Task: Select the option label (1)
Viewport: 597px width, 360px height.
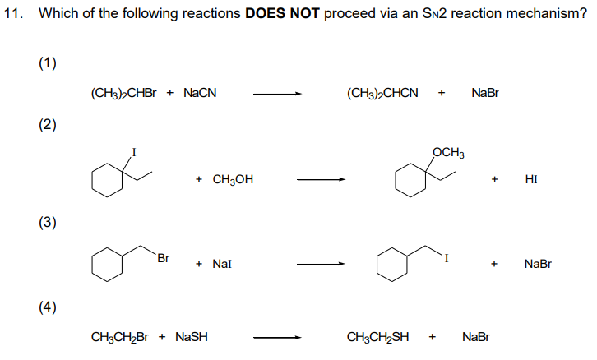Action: (47, 65)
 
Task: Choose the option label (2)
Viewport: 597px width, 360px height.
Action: (47, 125)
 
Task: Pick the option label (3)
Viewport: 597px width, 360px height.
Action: (47, 223)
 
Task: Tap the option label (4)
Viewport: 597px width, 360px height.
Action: (47, 307)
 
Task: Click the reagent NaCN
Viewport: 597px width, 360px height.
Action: (200, 93)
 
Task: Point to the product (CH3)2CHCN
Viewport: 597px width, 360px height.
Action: (382, 93)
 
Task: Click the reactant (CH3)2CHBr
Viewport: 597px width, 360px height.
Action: (124, 93)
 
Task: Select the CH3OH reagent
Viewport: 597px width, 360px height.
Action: (233, 178)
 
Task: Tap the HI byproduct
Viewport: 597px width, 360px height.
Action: (530, 178)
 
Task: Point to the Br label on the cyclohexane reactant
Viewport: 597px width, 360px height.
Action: (163, 257)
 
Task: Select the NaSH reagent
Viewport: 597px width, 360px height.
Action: (190, 337)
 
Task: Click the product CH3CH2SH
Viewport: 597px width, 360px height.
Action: (378, 337)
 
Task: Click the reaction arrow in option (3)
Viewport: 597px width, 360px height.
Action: (321, 264)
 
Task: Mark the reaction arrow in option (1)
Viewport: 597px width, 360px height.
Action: (277, 93)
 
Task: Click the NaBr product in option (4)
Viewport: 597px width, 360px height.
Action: (476, 337)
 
